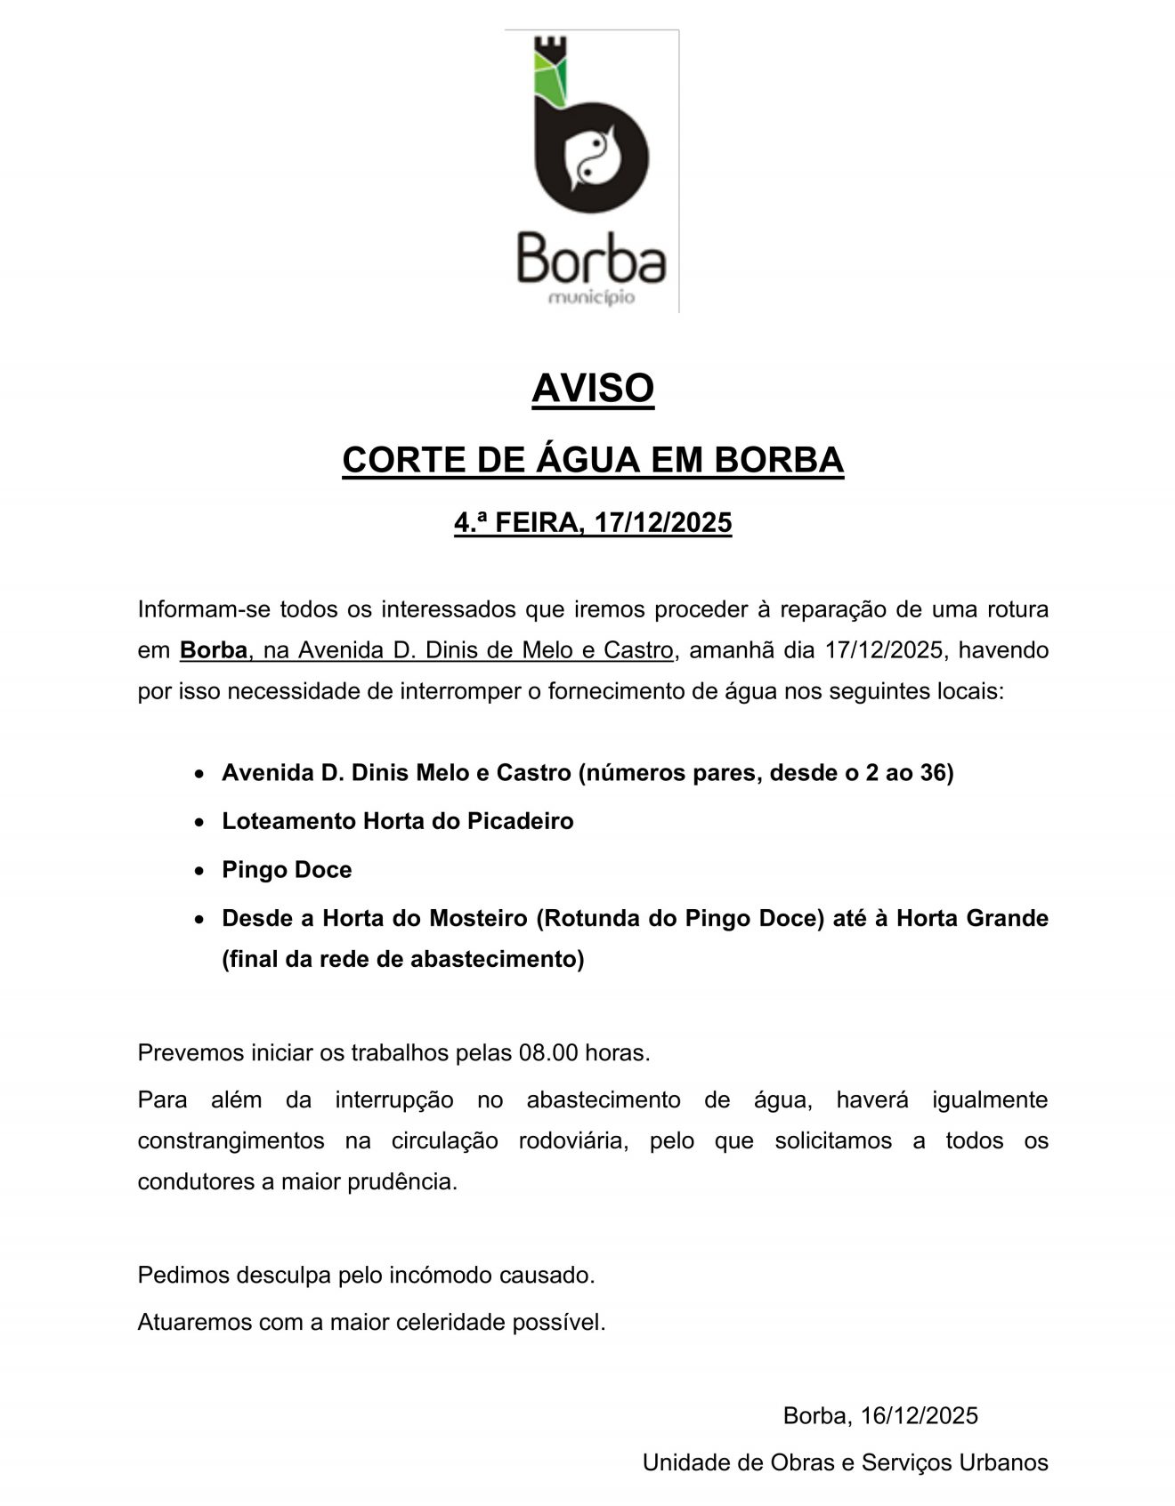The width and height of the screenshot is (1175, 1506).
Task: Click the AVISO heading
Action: pyautogui.click(x=593, y=389)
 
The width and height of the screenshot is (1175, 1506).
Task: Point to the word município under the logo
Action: pyautogui.click(x=592, y=297)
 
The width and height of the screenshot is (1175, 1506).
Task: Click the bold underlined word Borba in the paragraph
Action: pyautogui.click(x=214, y=650)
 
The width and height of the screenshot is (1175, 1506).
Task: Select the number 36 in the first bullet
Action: pyautogui.click(x=932, y=772)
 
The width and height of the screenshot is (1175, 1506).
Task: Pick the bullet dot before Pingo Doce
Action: pyautogui.click(x=200, y=871)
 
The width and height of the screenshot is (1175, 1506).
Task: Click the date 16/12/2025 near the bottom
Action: pyautogui.click(x=919, y=1416)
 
